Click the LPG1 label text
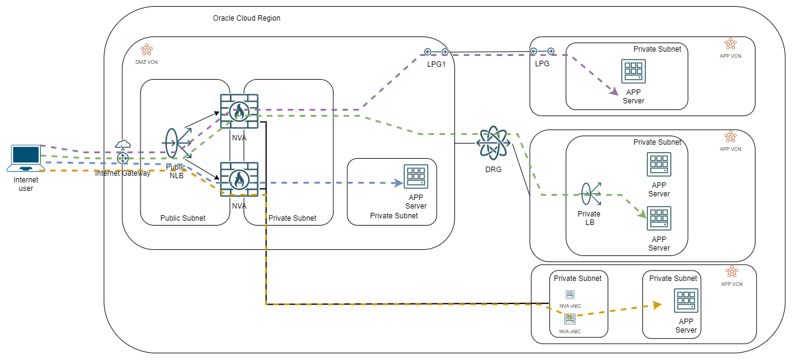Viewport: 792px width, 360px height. [436, 63]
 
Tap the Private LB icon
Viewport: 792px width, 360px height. [589, 194]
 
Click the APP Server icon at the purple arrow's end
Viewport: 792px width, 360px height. [633, 72]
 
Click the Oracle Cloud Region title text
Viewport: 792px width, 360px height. [246, 18]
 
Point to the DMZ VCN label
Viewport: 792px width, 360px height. [146, 61]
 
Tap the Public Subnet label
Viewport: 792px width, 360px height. [182, 218]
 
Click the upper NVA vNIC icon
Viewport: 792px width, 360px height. [570, 295]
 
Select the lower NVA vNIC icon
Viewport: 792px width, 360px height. [570, 318]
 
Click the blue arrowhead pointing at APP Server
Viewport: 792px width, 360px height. [399, 182]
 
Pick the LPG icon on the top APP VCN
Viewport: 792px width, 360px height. [542, 52]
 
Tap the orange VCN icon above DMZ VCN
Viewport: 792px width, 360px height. [146, 50]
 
